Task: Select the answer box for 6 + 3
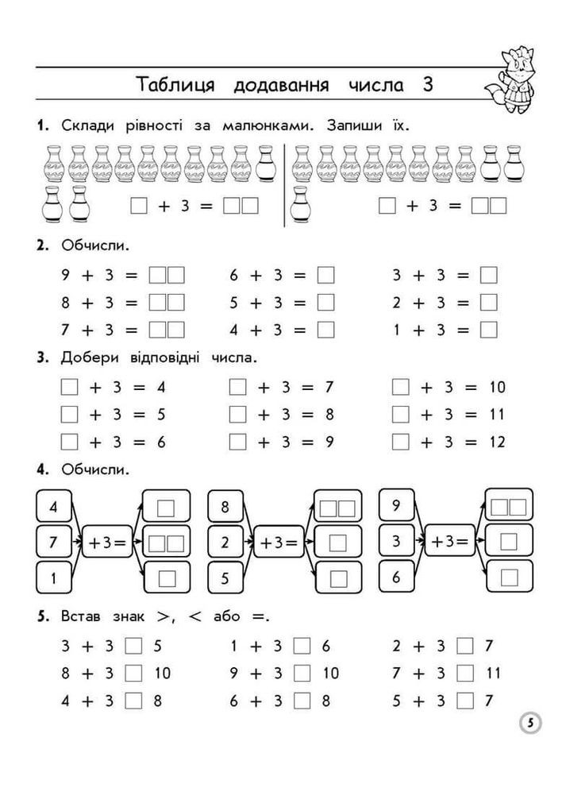325,276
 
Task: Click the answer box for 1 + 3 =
489,329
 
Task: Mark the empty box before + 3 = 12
401,442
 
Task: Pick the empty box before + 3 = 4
70,388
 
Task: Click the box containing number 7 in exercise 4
53,543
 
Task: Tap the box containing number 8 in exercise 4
225,507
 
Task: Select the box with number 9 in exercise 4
396,505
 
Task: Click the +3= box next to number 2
279,543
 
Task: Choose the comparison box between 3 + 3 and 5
133,647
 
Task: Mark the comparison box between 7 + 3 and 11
466,674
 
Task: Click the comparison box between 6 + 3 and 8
302,701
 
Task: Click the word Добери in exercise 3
88,357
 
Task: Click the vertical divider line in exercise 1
284,185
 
